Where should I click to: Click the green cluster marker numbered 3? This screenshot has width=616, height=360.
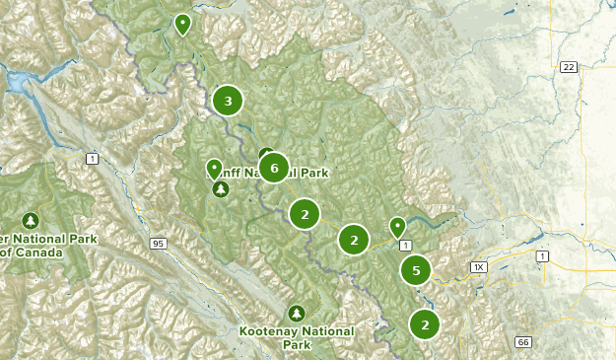click(228, 100)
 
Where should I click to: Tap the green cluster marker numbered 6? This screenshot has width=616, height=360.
click(274, 168)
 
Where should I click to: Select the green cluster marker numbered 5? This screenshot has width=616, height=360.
click(417, 269)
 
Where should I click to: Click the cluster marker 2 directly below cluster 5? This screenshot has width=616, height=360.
click(425, 324)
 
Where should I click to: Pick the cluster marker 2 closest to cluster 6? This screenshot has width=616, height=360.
click(306, 213)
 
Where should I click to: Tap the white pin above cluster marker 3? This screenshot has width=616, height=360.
click(181, 24)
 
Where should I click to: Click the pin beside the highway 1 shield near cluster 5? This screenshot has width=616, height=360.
click(397, 228)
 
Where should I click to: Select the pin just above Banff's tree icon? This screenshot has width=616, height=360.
click(214, 169)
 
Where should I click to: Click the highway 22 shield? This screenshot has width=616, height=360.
click(568, 67)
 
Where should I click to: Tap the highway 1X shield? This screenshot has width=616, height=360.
click(479, 266)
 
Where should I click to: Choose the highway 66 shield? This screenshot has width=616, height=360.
click(522, 341)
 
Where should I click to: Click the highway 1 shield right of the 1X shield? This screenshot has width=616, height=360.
click(541, 256)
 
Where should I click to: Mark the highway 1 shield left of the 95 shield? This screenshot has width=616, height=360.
click(92, 158)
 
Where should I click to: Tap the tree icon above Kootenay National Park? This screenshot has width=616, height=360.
click(298, 313)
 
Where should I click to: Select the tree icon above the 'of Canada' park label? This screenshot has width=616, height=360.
click(31, 220)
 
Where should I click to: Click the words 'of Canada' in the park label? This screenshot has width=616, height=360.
click(32, 252)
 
